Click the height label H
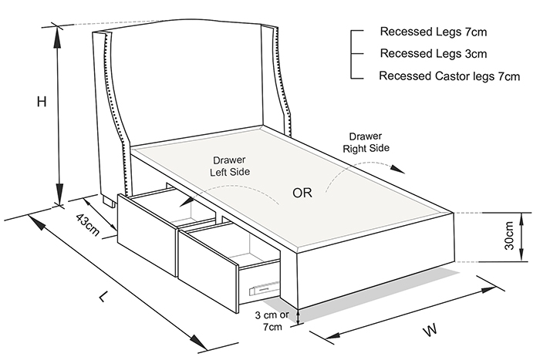point(42,102)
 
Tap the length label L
point(103,296)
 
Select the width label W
point(430,329)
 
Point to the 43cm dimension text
point(87,224)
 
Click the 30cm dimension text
point(508,236)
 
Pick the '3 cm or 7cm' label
point(272,321)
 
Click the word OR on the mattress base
point(302,193)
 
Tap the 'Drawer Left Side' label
point(230,166)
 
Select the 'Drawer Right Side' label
point(366,142)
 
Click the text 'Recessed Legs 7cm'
point(434,32)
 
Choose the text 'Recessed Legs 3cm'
point(434,53)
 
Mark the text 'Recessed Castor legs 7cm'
point(450,76)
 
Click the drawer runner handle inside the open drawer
point(263,289)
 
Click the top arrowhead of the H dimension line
point(58,37)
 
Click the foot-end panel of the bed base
point(376,261)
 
